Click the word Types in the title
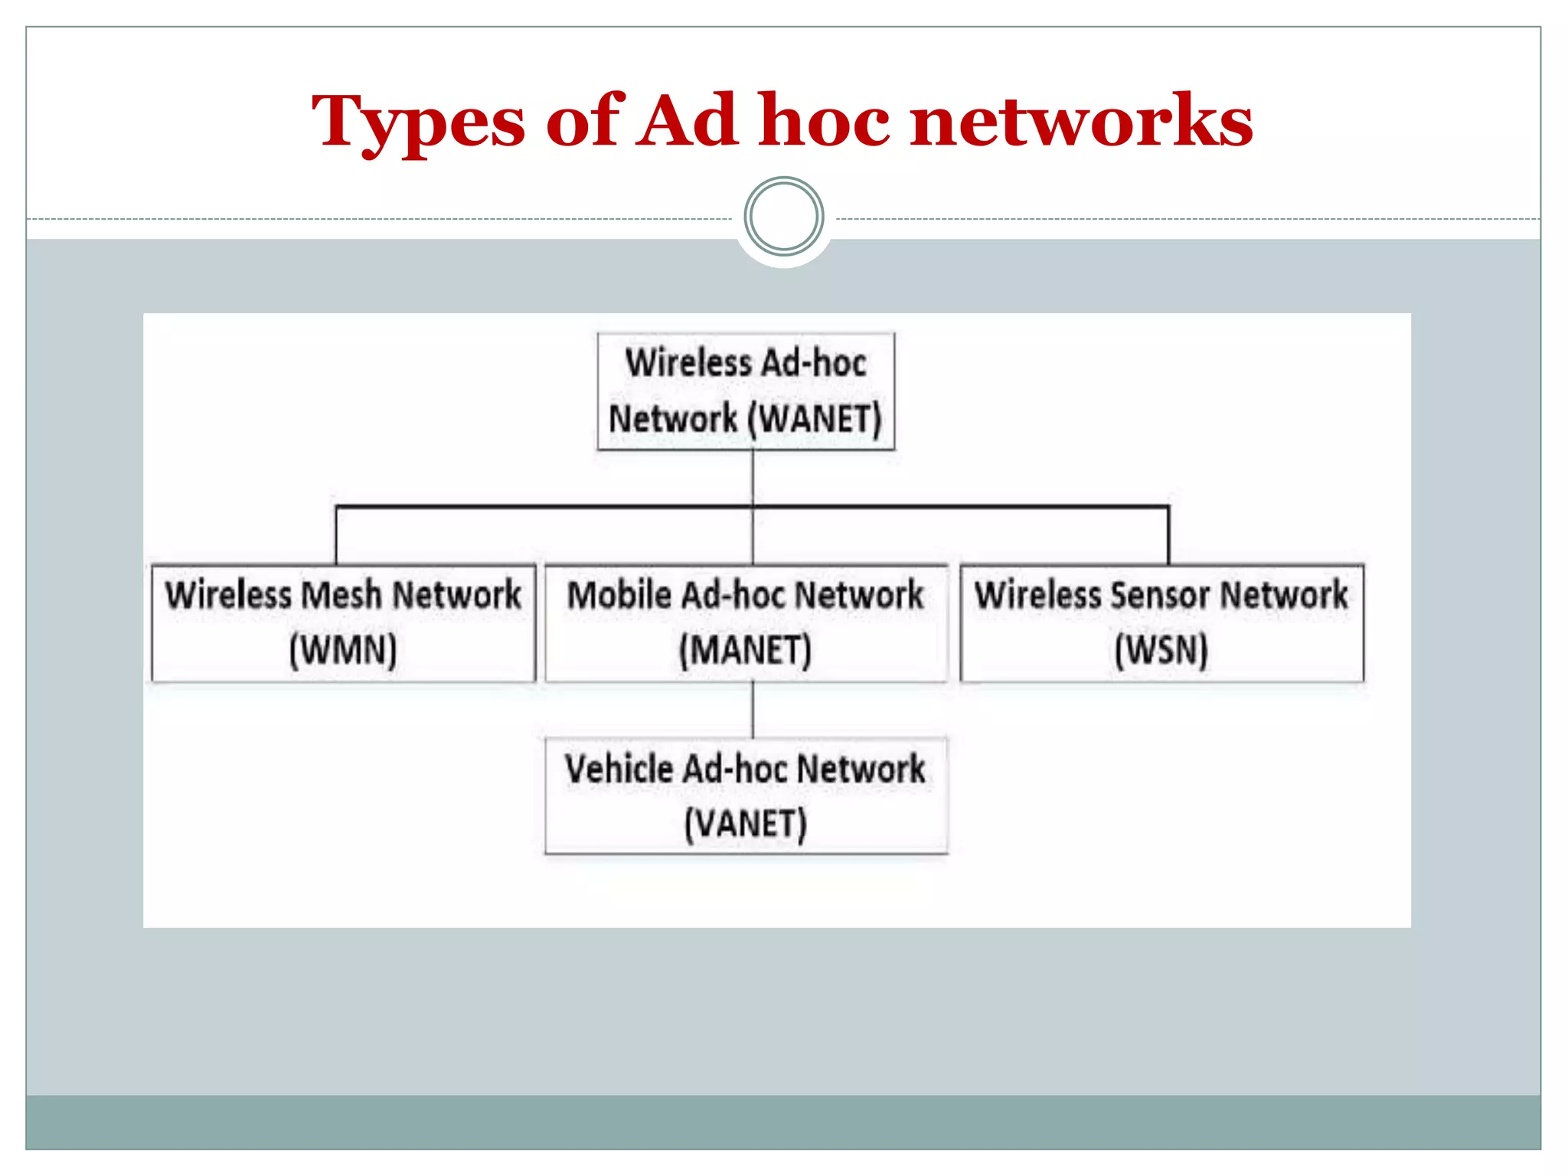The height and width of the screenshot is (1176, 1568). tap(418, 122)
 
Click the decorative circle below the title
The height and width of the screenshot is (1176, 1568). tap(783, 217)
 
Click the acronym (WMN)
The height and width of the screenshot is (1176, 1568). tap(343, 651)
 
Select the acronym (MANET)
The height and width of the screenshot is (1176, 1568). tap(745, 651)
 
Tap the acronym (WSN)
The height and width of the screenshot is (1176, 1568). tap(1161, 651)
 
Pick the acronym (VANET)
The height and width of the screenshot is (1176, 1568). tap(745, 825)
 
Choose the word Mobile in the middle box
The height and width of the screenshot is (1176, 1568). tap(619, 595)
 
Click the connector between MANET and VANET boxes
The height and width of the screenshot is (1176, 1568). tap(753, 710)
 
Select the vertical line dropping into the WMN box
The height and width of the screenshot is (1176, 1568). tap(336, 536)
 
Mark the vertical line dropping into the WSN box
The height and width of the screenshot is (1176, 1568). tap(1168, 536)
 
